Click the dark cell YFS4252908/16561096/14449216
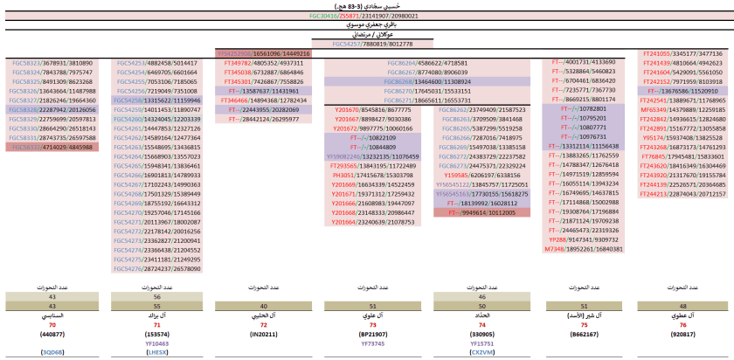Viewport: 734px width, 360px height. pyautogui.click(x=263, y=53)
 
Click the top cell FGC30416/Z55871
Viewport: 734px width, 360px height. pyautogui.click(x=367, y=16)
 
